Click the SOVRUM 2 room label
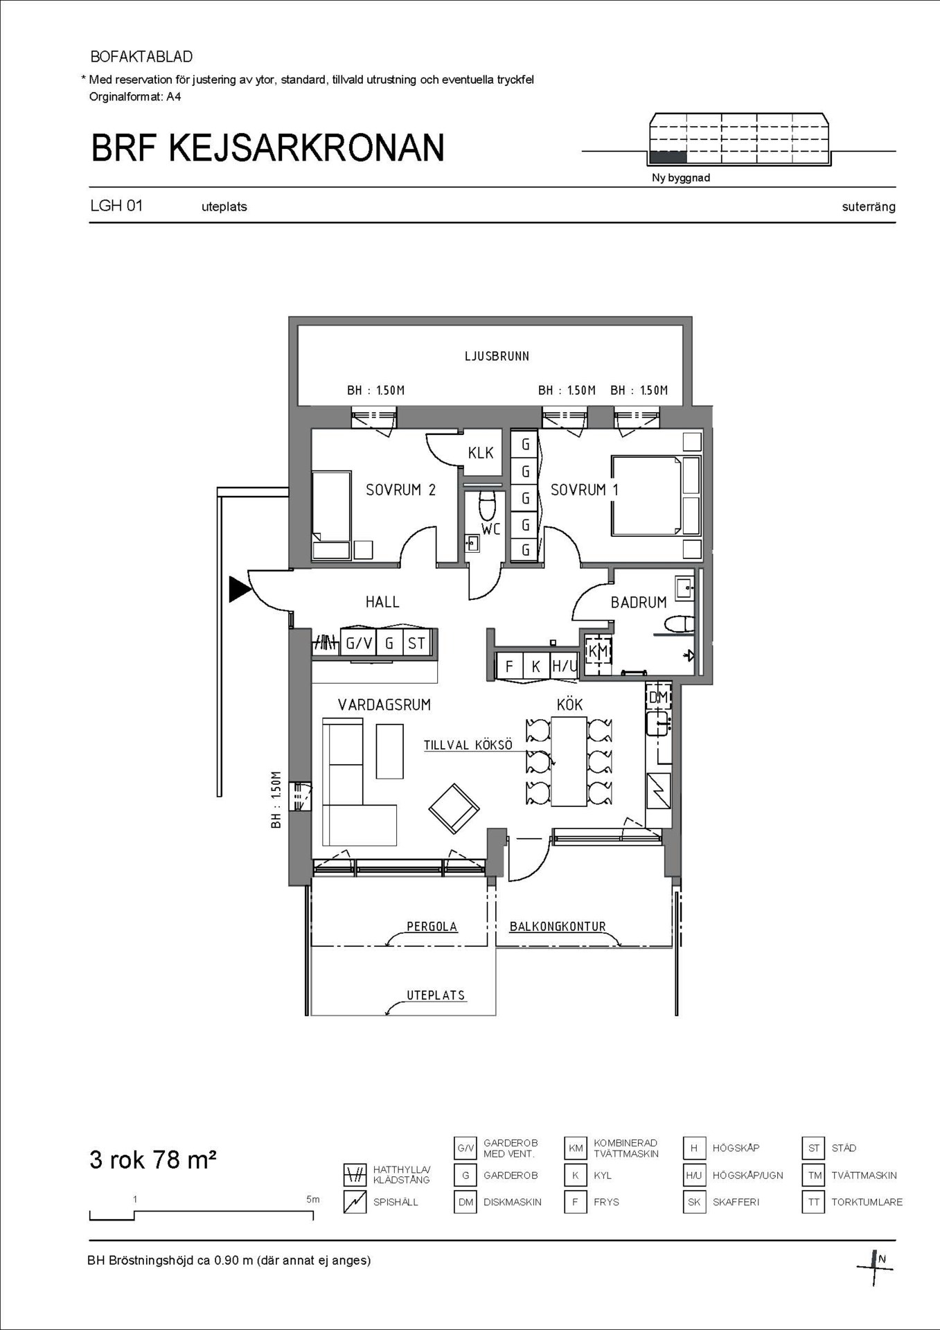pyautogui.click(x=400, y=490)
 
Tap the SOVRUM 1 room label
pyautogui.click(x=584, y=490)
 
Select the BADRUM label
pyautogui.click(x=639, y=603)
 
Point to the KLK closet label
pyautogui.click(x=481, y=453)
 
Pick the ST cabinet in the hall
pyautogui.click(x=416, y=644)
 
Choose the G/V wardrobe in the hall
pyautogui.click(x=359, y=644)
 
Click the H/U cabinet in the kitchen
pyautogui.click(x=564, y=666)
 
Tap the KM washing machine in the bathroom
pyautogui.click(x=598, y=651)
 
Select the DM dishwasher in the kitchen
pyautogui.click(x=658, y=697)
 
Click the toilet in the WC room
pyautogui.click(x=488, y=504)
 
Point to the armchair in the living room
pyautogui.click(x=454, y=809)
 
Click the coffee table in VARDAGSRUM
pyautogui.click(x=389, y=751)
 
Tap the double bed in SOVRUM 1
pyautogui.click(x=656, y=495)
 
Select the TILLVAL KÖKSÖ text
pyautogui.click(x=468, y=745)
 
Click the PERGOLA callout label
pyautogui.click(x=432, y=926)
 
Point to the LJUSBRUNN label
pyautogui.click(x=497, y=356)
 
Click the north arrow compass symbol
pyautogui.click(x=876, y=1268)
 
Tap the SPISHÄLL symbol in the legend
pyautogui.click(x=355, y=1202)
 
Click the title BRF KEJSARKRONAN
pyautogui.click(x=267, y=148)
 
